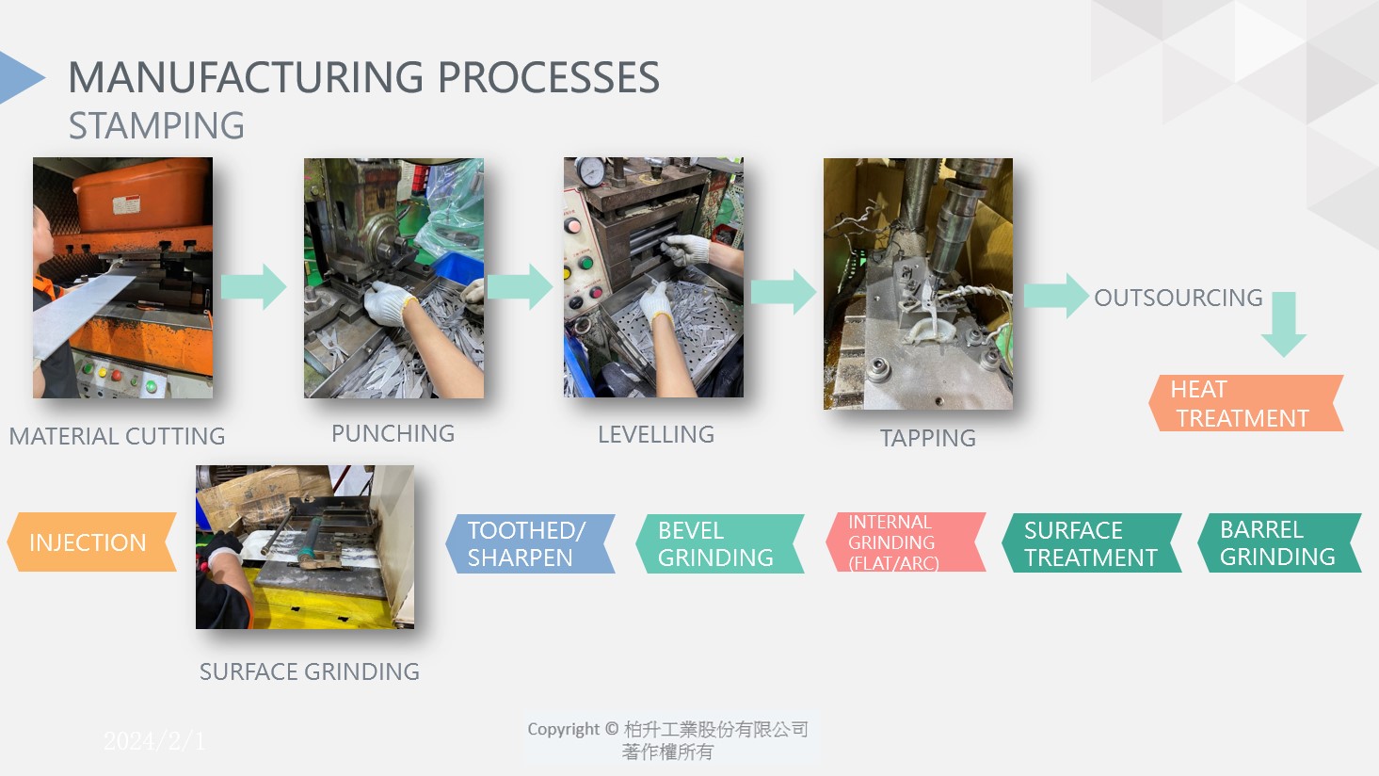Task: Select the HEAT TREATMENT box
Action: click(x=1244, y=403)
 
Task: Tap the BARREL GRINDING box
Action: click(x=1278, y=542)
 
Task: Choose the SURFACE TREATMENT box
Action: click(x=1091, y=542)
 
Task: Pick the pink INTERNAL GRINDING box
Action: click(x=904, y=542)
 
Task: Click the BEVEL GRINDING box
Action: click(x=718, y=543)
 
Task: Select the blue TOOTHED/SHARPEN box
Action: click(x=529, y=543)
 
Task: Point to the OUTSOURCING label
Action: click(x=1178, y=298)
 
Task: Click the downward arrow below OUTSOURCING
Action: click(x=1283, y=323)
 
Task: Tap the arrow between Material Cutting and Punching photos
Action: click(x=253, y=286)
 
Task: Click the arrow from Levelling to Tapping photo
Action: click(x=783, y=291)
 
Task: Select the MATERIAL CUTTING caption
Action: click(x=117, y=436)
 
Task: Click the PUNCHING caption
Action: click(x=393, y=433)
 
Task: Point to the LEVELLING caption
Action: click(x=655, y=434)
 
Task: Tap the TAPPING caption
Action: click(x=927, y=438)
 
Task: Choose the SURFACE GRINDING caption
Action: click(x=309, y=671)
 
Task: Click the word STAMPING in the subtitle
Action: click(x=156, y=126)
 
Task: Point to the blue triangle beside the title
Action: click(x=19, y=76)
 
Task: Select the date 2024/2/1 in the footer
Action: click(x=153, y=741)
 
